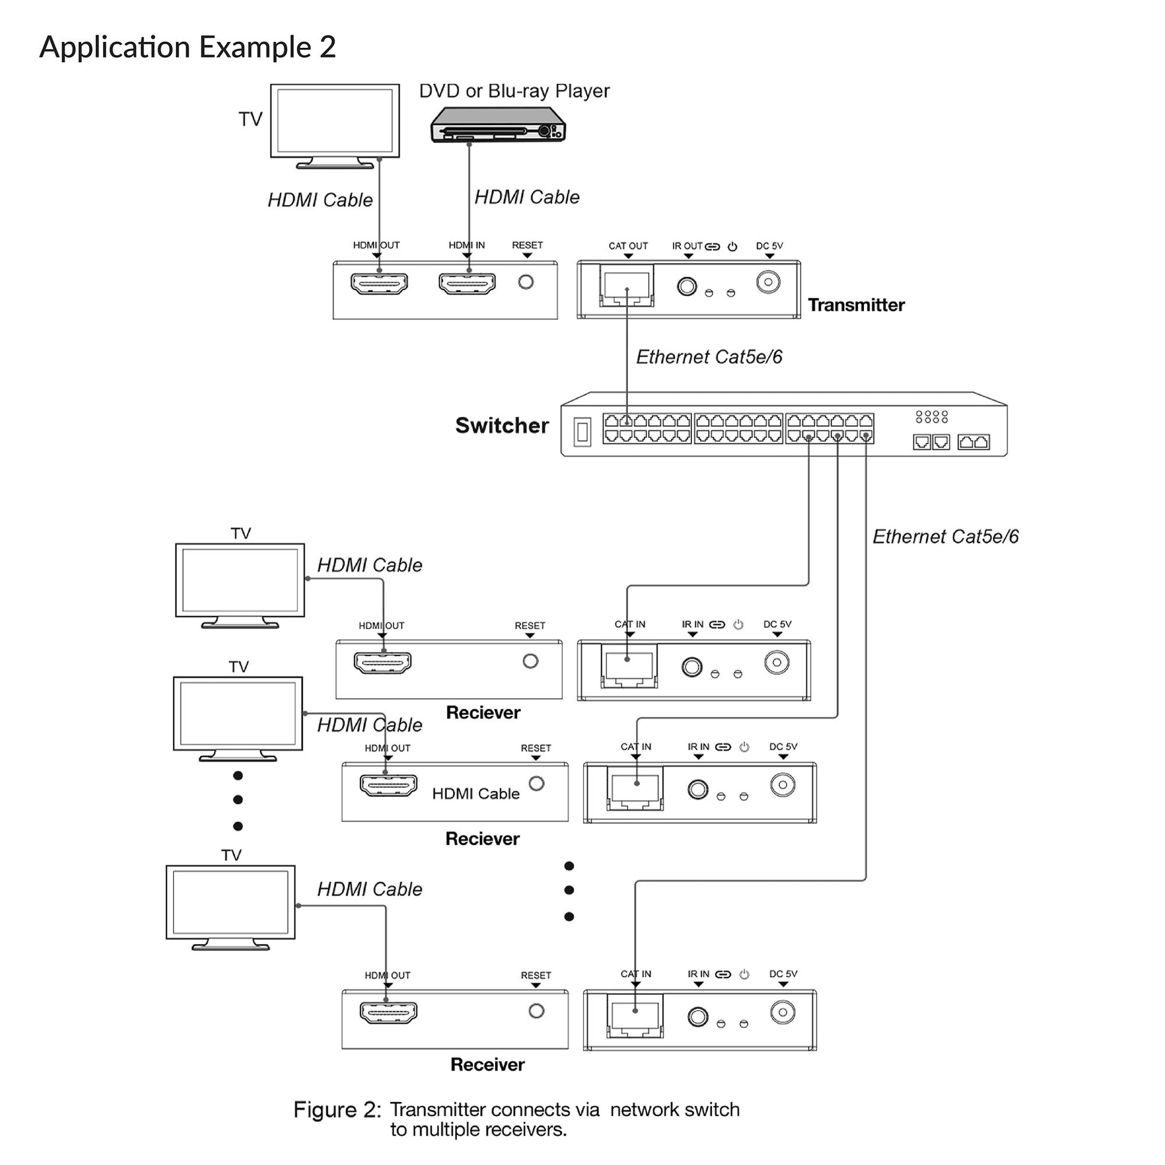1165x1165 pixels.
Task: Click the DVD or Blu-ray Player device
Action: tap(498, 125)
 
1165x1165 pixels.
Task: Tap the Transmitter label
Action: tap(855, 305)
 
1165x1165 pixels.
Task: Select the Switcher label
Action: tap(502, 425)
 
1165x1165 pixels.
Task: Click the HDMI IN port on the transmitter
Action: tap(467, 283)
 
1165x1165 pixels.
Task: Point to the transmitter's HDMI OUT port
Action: tap(379, 283)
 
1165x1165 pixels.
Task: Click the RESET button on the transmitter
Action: tap(526, 281)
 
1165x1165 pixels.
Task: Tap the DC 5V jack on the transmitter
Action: tap(768, 281)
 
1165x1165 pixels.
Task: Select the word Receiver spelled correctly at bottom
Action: tap(487, 1064)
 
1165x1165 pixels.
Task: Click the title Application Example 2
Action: tap(187, 47)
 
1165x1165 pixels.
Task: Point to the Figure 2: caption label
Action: tap(337, 1109)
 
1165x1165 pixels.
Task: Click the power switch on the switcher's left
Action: tap(582, 432)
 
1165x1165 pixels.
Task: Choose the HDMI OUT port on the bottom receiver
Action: tap(388, 1012)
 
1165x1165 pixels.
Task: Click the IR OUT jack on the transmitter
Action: tap(687, 286)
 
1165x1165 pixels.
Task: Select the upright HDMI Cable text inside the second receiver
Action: tap(475, 794)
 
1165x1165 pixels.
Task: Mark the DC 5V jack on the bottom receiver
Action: tap(782, 1012)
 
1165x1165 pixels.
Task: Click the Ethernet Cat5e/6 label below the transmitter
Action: tap(709, 357)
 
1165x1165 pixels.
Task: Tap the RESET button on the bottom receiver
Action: tap(536, 1011)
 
